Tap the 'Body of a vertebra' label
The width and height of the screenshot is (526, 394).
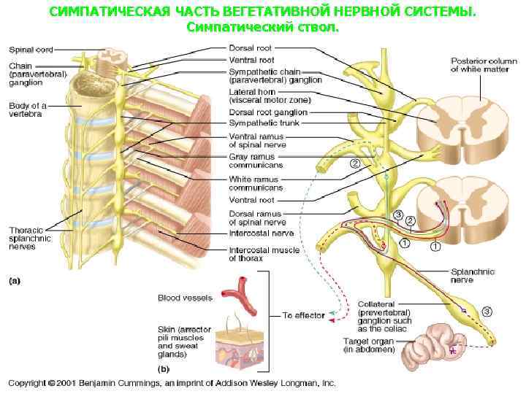(x=27, y=110)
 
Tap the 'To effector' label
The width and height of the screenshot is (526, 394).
(x=303, y=315)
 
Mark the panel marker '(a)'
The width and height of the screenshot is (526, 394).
(x=15, y=279)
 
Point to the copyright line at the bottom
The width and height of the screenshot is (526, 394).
(x=172, y=382)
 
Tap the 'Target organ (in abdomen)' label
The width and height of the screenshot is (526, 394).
(x=369, y=345)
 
